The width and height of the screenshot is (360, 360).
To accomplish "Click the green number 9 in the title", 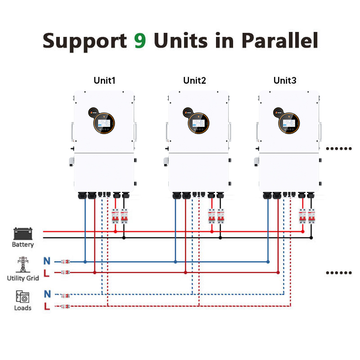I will pyautogui.click(x=140, y=40).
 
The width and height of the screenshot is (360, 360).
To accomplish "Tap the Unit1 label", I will pyautogui.click(x=104, y=81).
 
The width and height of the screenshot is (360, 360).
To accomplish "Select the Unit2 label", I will pyautogui.click(x=194, y=81).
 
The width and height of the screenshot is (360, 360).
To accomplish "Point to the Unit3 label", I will pyautogui.click(x=285, y=81).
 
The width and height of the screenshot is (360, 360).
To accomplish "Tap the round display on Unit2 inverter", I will pyautogui.click(x=199, y=122).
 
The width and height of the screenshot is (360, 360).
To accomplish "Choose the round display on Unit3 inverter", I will pyautogui.click(x=289, y=122).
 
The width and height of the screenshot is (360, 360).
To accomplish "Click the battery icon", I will pyautogui.click(x=23, y=234).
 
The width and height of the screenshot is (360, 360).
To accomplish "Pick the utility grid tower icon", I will pyautogui.click(x=22, y=265).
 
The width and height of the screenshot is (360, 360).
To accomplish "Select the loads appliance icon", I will pyautogui.click(x=22, y=297).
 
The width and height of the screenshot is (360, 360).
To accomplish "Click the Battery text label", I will pyautogui.click(x=23, y=245).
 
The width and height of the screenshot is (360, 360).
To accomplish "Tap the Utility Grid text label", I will pyautogui.click(x=23, y=278).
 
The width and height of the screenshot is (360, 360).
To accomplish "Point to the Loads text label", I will pyautogui.click(x=23, y=308).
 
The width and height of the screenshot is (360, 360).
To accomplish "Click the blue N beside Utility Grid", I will pyautogui.click(x=47, y=261).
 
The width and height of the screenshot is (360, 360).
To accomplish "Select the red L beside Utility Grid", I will pyautogui.click(x=47, y=272).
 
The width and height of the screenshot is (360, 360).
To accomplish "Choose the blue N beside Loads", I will pyautogui.click(x=47, y=295).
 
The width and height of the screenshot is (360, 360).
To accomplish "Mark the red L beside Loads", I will pyautogui.click(x=47, y=306).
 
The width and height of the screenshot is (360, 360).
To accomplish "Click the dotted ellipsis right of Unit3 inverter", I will pyautogui.click(x=338, y=148).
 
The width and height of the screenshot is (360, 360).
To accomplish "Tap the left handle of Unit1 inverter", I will pyautogui.click(x=72, y=130).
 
